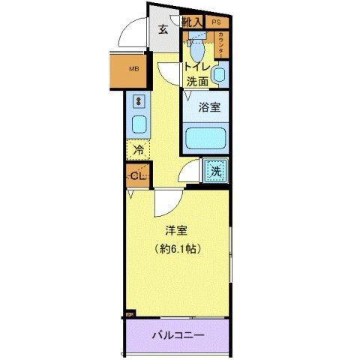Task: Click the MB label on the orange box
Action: (134, 70)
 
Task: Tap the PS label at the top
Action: (216, 22)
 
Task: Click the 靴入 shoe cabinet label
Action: (193, 22)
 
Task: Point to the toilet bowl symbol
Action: (196, 50)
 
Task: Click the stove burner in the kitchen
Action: (139, 100)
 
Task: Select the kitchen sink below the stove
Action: (139, 124)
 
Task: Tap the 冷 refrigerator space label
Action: (138, 150)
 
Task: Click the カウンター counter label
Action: (223, 44)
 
